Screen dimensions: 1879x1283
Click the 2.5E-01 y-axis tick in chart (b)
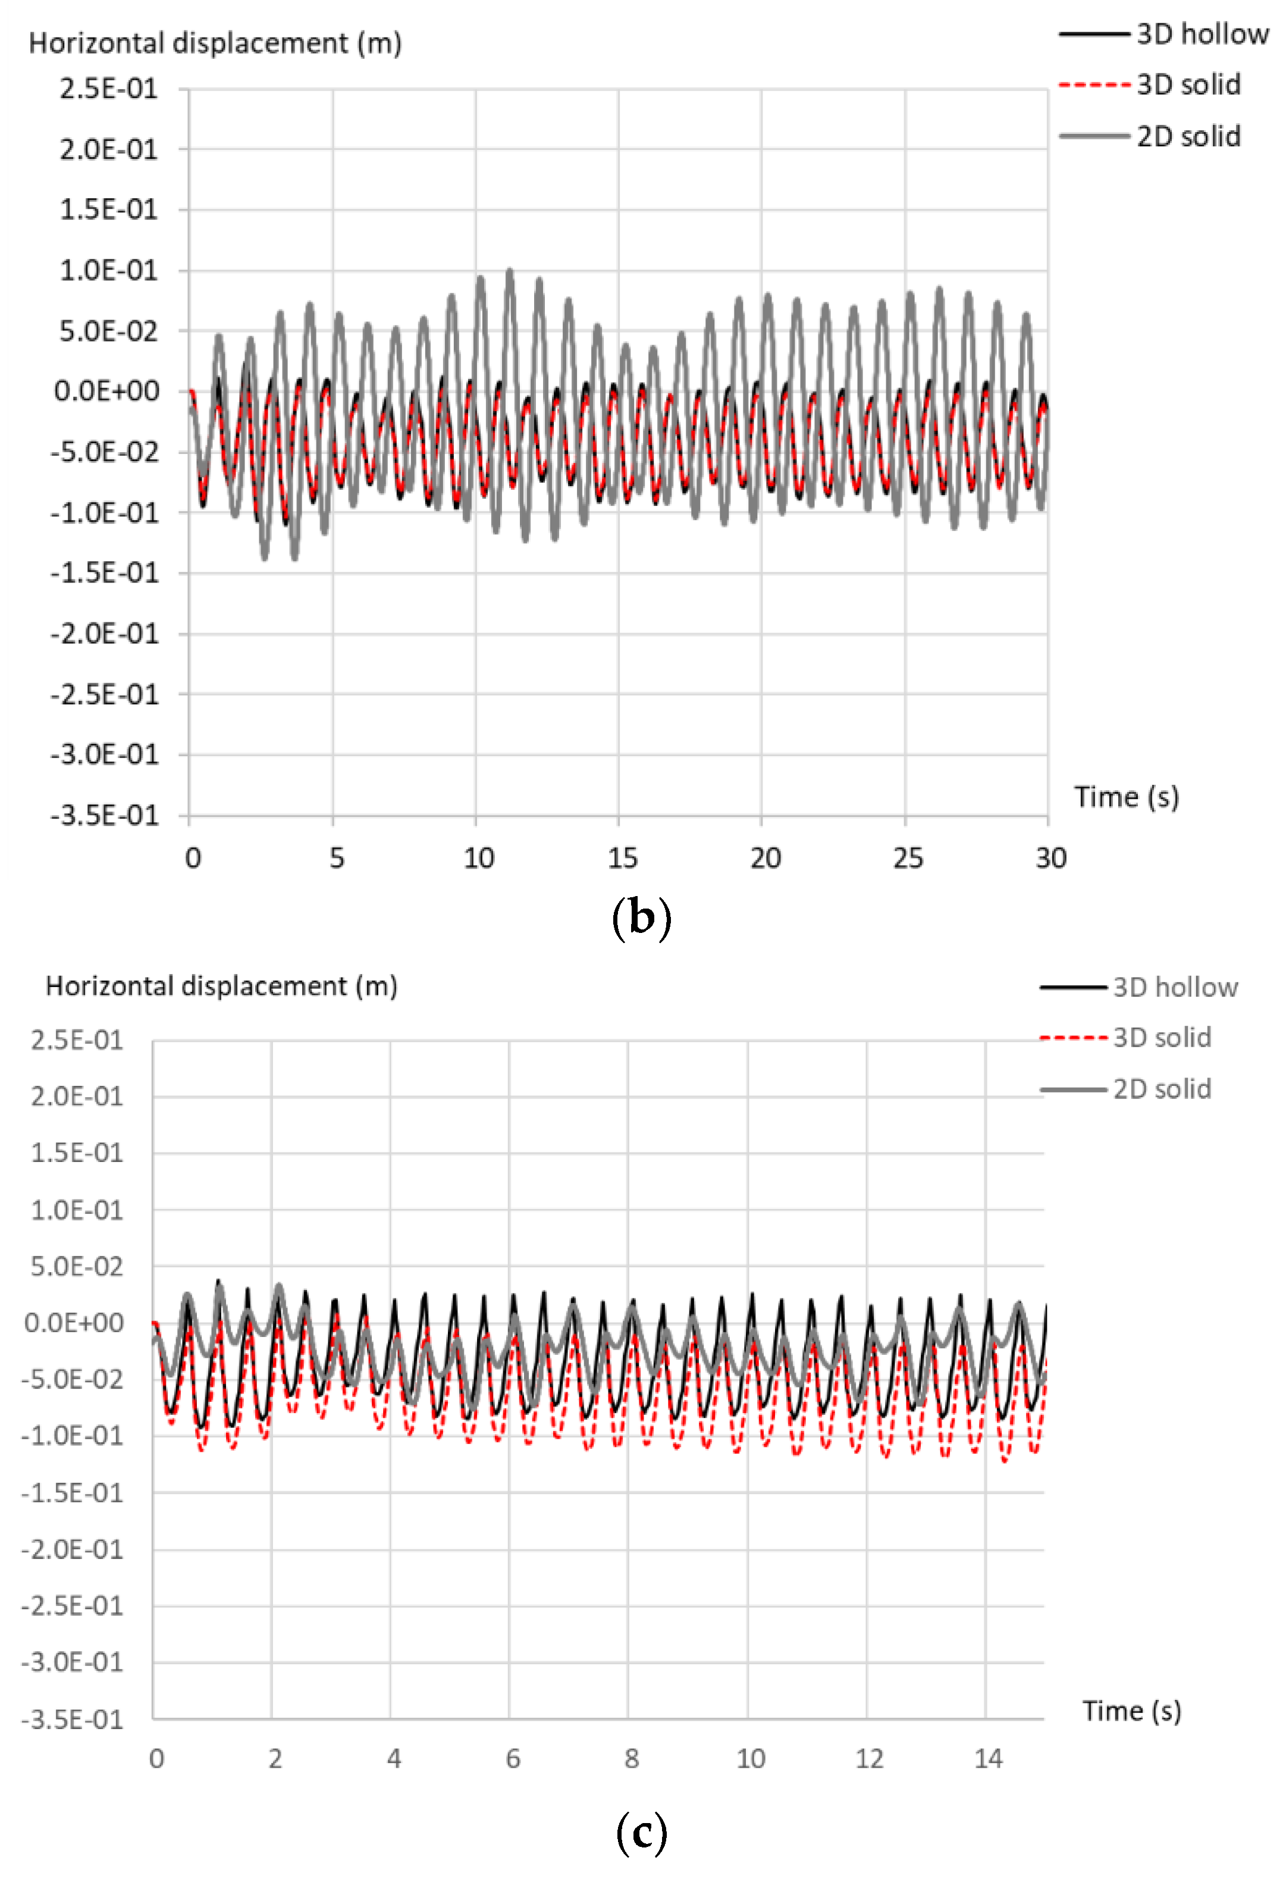(108, 89)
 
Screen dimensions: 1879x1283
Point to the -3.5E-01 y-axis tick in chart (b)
(105, 815)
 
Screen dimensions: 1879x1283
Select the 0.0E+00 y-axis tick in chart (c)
(74, 1323)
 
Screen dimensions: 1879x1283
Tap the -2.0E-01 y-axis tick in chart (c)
(72, 1549)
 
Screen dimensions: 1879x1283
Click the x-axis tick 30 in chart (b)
(1050, 858)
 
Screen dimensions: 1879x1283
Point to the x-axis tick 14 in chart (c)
(987, 1759)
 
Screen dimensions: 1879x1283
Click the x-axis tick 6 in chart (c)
(513, 1759)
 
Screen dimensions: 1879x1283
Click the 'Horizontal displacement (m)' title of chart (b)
(215, 43)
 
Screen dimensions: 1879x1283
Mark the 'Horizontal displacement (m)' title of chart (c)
(221, 987)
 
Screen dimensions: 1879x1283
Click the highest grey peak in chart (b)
(509, 271)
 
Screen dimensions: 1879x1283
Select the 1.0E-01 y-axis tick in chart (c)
(77, 1210)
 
